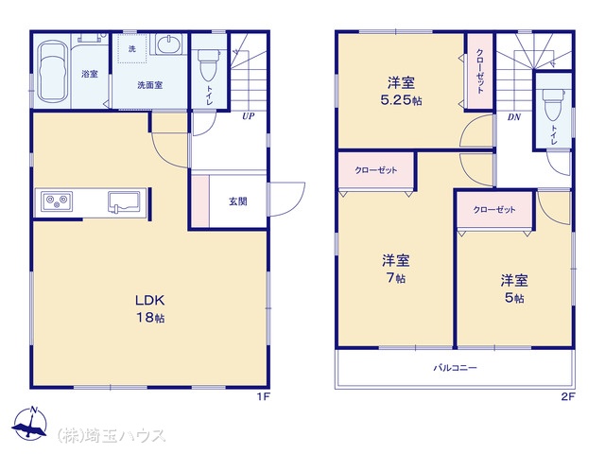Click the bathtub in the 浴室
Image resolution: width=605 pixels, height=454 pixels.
pyautogui.click(x=53, y=73)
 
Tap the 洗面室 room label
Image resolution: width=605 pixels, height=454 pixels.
pyautogui.click(x=149, y=85)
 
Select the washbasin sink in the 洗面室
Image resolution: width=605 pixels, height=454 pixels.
pyautogui.click(x=170, y=44)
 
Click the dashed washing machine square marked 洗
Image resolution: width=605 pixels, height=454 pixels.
pyautogui.click(x=132, y=48)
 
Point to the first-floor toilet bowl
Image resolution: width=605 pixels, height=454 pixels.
pyautogui.click(x=208, y=64)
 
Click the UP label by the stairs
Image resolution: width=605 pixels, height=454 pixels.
pyautogui.click(x=248, y=115)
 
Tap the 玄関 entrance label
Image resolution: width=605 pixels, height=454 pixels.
pyautogui.click(x=238, y=201)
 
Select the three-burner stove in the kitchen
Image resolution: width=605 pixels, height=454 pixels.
pyautogui.click(x=57, y=201)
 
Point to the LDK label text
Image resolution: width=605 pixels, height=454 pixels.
pyautogui.click(x=149, y=300)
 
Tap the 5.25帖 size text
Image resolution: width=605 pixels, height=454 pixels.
pyautogui.click(x=401, y=101)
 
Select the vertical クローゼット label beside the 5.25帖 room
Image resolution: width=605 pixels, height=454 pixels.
pyautogui.click(x=479, y=72)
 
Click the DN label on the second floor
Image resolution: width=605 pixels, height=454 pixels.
pyautogui.click(x=514, y=116)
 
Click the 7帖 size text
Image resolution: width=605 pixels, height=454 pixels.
pyautogui.click(x=396, y=278)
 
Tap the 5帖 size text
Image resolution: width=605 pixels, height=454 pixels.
pyautogui.click(x=514, y=298)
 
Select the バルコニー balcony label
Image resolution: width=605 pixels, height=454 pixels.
pyautogui.click(x=456, y=368)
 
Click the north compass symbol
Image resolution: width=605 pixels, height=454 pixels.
pyautogui.click(x=29, y=424)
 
